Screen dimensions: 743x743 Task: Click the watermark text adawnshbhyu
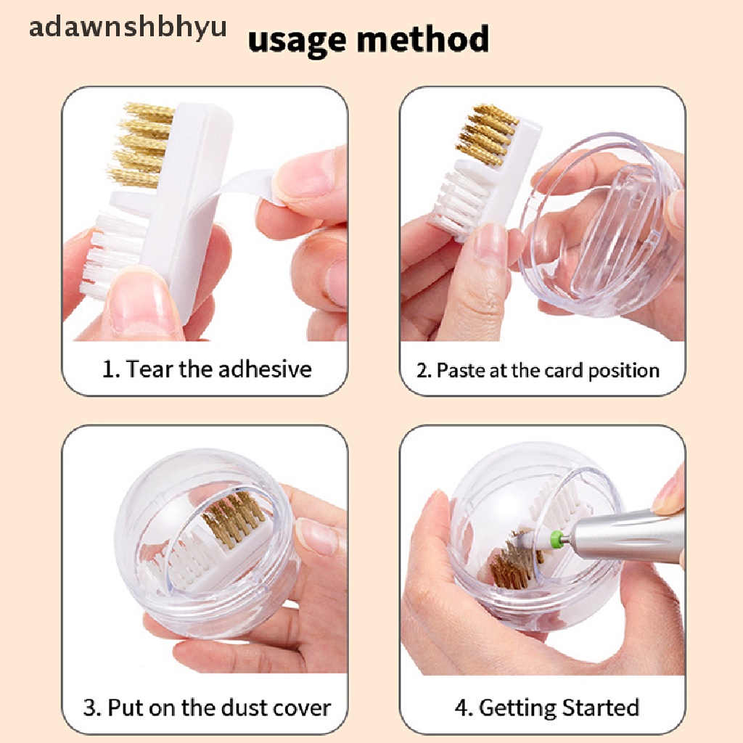click(128, 28)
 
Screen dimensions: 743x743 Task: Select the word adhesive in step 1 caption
click(265, 369)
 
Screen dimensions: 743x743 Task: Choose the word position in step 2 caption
click(623, 371)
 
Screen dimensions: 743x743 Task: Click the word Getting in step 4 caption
click(517, 708)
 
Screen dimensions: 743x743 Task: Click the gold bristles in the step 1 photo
click(141, 144)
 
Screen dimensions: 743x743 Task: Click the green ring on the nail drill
click(554, 538)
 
